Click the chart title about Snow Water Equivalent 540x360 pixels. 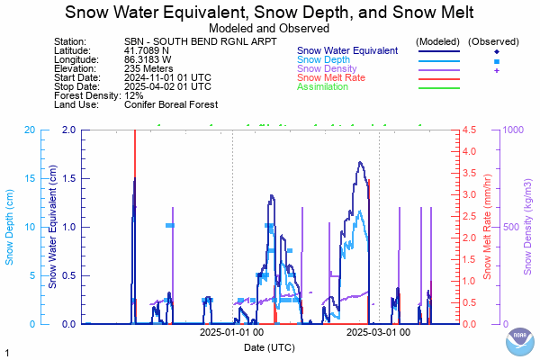[270, 13]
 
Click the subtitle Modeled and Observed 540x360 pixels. [269, 28]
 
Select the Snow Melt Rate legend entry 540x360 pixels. [330, 78]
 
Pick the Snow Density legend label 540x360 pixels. [327, 69]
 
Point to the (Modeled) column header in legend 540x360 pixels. [439, 42]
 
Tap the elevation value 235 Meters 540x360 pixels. [150, 69]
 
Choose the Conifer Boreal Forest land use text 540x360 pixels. [171, 104]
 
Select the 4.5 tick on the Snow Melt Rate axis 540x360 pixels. [469, 130]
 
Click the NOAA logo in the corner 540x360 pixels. [518, 341]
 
